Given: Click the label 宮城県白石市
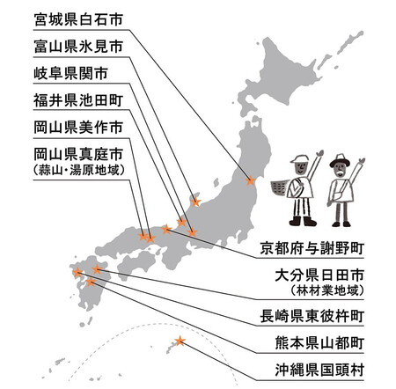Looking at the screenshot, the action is pyautogui.click(x=78, y=19).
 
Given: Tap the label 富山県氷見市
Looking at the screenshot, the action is pyautogui.click(x=78, y=47).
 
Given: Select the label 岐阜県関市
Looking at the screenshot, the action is pyautogui.click(x=71, y=73).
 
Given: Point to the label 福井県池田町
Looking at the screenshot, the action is pyautogui.click(x=78, y=100).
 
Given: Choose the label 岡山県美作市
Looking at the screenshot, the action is pyautogui.click(x=78, y=128).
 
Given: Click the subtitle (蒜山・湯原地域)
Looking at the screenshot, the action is pyautogui.click(x=78, y=170).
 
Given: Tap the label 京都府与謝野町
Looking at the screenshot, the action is pyautogui.click(x=312, y=248).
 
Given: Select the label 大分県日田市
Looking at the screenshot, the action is pyautogui.click(x=319, y=275).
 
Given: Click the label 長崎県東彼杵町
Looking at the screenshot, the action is pyautogui.click(x=312, y=316).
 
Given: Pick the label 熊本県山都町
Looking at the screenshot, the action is pyautogui.click(x=319, y=342).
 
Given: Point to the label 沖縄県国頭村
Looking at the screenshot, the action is pyautogui.click(x=319, y=370).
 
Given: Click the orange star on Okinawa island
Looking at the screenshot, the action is pyautogui.click(x=180, y=341).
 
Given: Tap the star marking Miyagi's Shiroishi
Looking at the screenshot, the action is pyautogui.click(x=250, y=180).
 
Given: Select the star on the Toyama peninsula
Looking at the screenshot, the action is pyautogui.click(x=195, y=202).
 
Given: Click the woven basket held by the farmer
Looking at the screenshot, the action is pyautogui.click(x=279, y=188).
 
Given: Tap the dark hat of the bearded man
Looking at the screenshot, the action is pyautogui.click(x=340, y=160).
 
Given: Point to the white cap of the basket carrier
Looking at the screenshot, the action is pyautogui.click(x=300, y=158).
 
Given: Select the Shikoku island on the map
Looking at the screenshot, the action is pyautogui.click(x=136, y=262).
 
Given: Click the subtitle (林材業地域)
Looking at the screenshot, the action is pyautogui.click(x=327, y=290).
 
